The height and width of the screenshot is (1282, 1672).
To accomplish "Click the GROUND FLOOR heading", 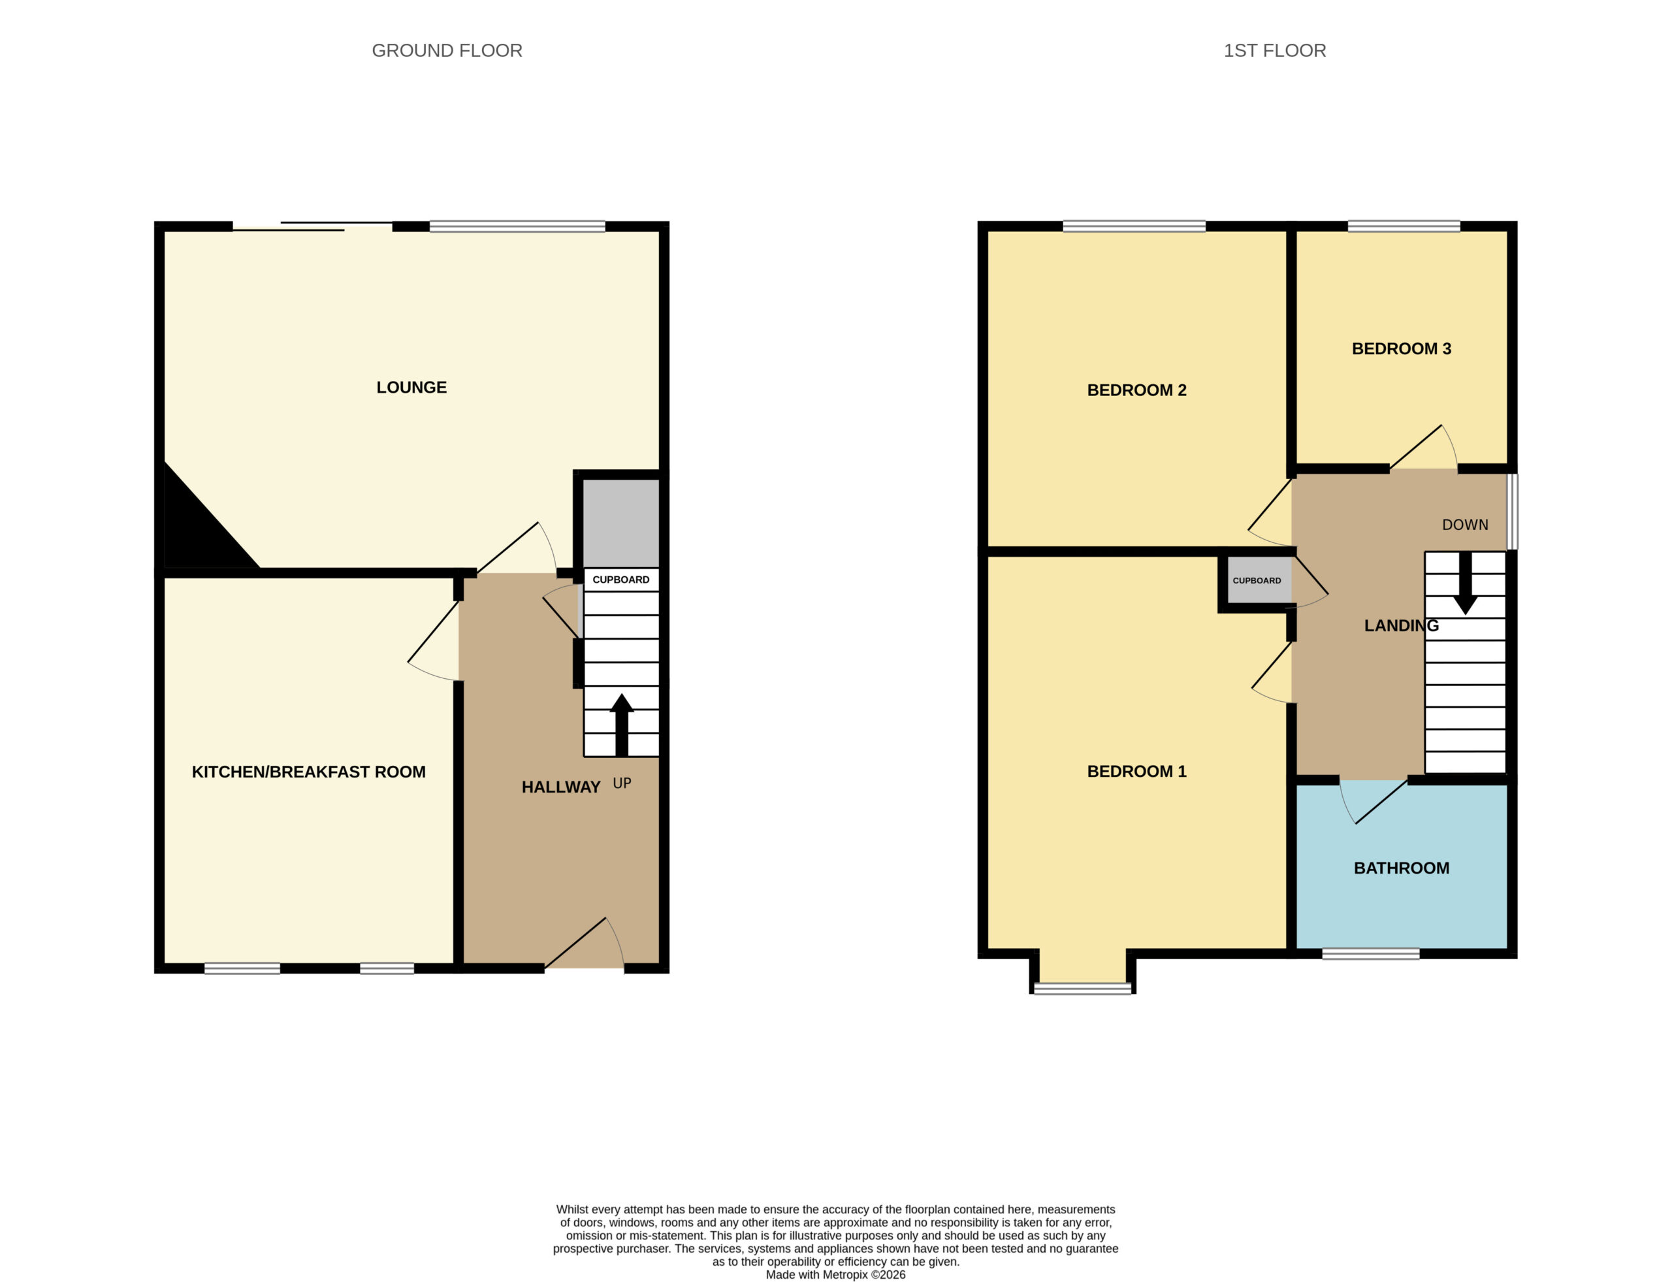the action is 447,50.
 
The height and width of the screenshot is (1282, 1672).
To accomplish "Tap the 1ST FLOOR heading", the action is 1275,50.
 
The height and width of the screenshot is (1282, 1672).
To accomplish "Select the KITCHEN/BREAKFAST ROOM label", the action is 308,772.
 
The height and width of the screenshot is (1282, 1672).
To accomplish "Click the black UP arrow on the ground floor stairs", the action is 622,725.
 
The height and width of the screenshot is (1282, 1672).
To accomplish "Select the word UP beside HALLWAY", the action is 622,783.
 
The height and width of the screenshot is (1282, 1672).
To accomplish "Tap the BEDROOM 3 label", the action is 1401,349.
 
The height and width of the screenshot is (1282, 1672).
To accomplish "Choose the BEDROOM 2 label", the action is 1136,390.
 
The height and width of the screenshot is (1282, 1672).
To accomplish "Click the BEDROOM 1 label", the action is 1136,771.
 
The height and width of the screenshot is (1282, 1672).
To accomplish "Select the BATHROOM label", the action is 1401,868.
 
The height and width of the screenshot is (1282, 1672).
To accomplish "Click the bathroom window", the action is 1370,953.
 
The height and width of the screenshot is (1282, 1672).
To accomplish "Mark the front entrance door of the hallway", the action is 585,944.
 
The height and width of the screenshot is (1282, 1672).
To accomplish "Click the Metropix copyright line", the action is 835,1274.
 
